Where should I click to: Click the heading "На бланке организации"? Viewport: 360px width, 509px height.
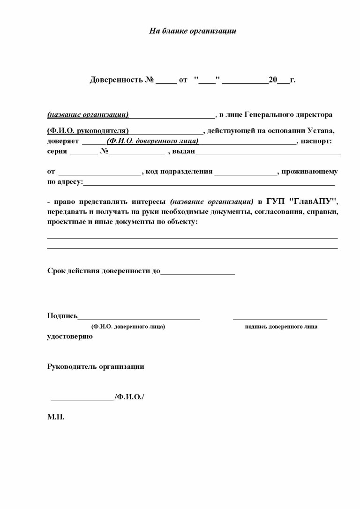193,31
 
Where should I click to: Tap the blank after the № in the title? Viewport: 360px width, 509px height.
166,81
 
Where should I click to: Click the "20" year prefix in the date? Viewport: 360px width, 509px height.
273,80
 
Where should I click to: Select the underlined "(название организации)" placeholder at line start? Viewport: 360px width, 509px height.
88,115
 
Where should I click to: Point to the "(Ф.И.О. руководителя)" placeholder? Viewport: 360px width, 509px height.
88,131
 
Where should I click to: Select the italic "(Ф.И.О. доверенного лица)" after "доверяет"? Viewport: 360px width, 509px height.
153,141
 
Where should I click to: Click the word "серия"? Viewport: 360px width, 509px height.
57,151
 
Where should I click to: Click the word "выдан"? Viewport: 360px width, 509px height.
184,151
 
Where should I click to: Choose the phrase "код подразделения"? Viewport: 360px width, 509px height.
179,172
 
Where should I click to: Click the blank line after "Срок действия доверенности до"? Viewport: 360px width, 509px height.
197,272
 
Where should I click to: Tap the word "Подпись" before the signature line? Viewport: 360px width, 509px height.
62,315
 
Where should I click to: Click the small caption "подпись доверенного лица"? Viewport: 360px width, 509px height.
281,327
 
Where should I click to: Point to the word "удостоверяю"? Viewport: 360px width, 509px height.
70,336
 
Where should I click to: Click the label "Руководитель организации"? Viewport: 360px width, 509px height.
96,367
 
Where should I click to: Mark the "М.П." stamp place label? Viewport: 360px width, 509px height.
56,416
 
